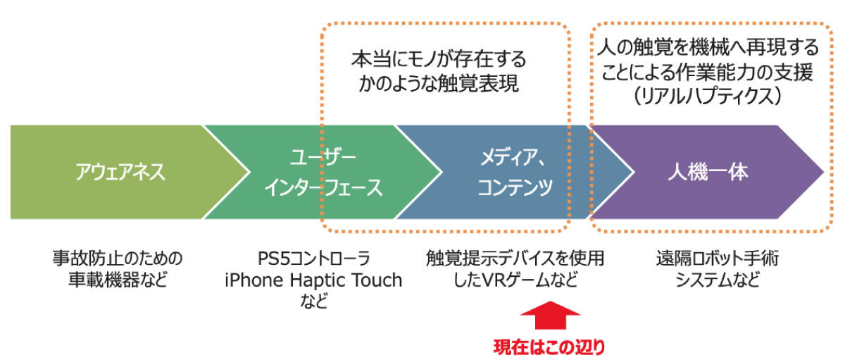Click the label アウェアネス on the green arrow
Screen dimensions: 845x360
point(120,172)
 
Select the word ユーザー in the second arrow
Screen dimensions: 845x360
point(323,157)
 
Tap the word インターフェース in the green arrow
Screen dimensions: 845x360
point(324,187)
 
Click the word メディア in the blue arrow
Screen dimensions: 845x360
point(508,157)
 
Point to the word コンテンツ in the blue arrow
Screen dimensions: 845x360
point(515,187)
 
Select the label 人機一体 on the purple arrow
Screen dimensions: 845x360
point(708,173)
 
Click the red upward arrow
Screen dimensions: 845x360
point(551,316)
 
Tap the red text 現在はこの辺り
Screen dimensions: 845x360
point(549,347)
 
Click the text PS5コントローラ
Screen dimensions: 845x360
point(314,259)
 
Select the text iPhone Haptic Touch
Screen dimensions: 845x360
point(313,280)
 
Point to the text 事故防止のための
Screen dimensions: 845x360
point(118,259)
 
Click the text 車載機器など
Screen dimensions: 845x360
point(118,280)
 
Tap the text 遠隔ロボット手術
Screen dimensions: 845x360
point(718,259)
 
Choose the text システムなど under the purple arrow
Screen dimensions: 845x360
point(718,280)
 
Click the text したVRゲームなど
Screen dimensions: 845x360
point(515,280)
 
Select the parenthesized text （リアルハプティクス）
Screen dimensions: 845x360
point(708,97)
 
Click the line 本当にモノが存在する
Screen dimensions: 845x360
point(439,60)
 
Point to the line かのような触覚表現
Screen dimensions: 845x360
point(439,84)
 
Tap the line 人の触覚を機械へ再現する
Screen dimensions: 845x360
point(708,48)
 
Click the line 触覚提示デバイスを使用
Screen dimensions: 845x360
point(515,259)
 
